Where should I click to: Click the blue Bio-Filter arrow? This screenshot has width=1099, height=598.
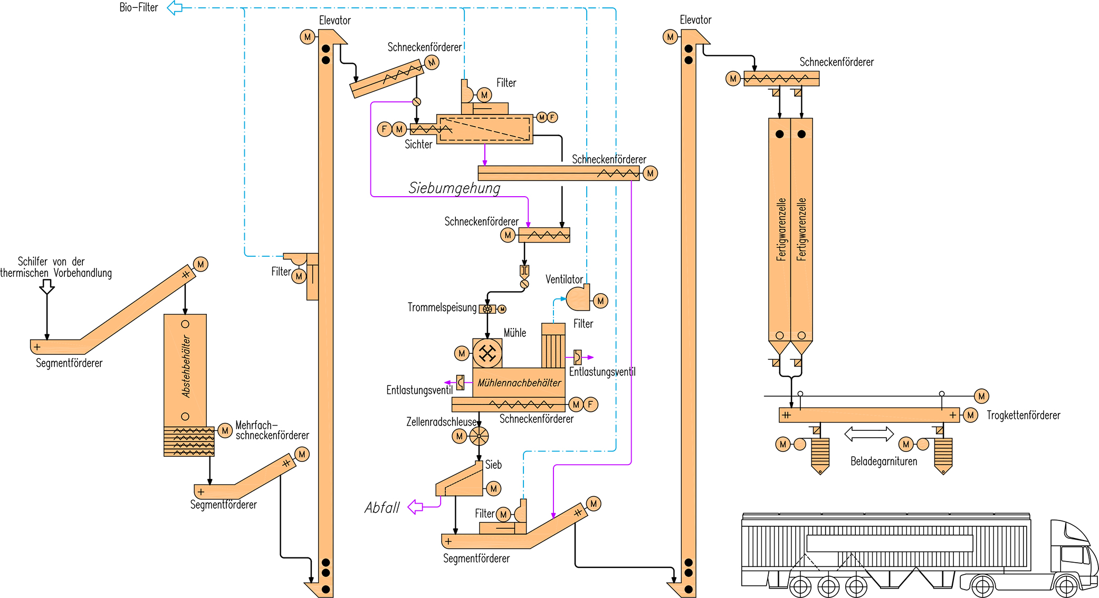tap(175, 8)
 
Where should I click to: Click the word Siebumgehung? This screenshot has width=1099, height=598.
tap(454, 188)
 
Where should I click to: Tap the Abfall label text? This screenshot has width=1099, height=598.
tap(383, 508)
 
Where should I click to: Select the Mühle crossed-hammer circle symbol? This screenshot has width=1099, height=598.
tap(488, 353)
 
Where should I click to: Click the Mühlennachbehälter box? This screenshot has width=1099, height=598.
tap(519, 383)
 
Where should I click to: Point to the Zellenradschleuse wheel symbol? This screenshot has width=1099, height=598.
tap(479, 436)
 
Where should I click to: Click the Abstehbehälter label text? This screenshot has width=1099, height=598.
tap(186, 366)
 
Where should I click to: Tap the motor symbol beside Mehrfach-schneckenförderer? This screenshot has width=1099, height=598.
tap(225, 430)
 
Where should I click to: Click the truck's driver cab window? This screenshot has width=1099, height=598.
tap(1072, 555)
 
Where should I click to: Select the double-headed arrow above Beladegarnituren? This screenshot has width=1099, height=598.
tap(869, 434)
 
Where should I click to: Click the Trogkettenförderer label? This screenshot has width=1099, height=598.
tap(1023, 416)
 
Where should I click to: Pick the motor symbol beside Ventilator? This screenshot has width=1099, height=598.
tap(600, 301)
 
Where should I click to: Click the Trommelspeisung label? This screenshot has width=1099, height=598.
tap(442, 307)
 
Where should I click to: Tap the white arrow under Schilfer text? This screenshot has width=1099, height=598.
tap(47, 287)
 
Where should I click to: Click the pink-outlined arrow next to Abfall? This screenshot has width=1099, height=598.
tap(416, 507)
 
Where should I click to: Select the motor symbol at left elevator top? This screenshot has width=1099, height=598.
tap(308, 37)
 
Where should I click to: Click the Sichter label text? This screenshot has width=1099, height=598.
tap(418, 144)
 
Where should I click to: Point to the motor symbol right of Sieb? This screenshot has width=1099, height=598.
tap(494, 489)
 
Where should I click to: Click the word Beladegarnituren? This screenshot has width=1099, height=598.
tap(884, 461)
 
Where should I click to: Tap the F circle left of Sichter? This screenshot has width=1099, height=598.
tap(384, 129)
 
